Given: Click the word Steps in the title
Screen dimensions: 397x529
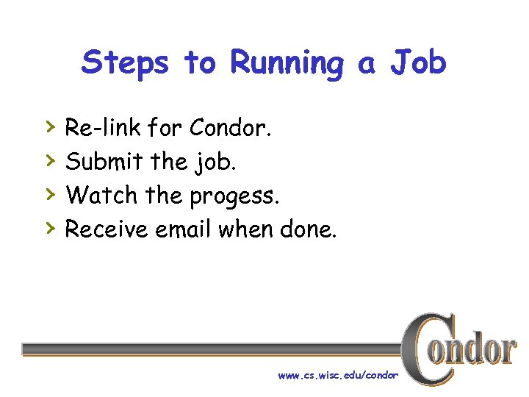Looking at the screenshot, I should click(x=126, y=63).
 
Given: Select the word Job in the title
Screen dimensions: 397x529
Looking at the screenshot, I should click(x=418, y=63).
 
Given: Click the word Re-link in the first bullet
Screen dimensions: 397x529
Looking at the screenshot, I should click(x=103, y=129).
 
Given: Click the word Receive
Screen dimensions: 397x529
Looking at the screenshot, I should click(x=107, y=230).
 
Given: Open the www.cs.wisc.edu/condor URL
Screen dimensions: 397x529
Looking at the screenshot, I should click(x=338, y=376).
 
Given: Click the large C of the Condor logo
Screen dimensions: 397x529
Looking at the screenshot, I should click(x=424, y=348).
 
